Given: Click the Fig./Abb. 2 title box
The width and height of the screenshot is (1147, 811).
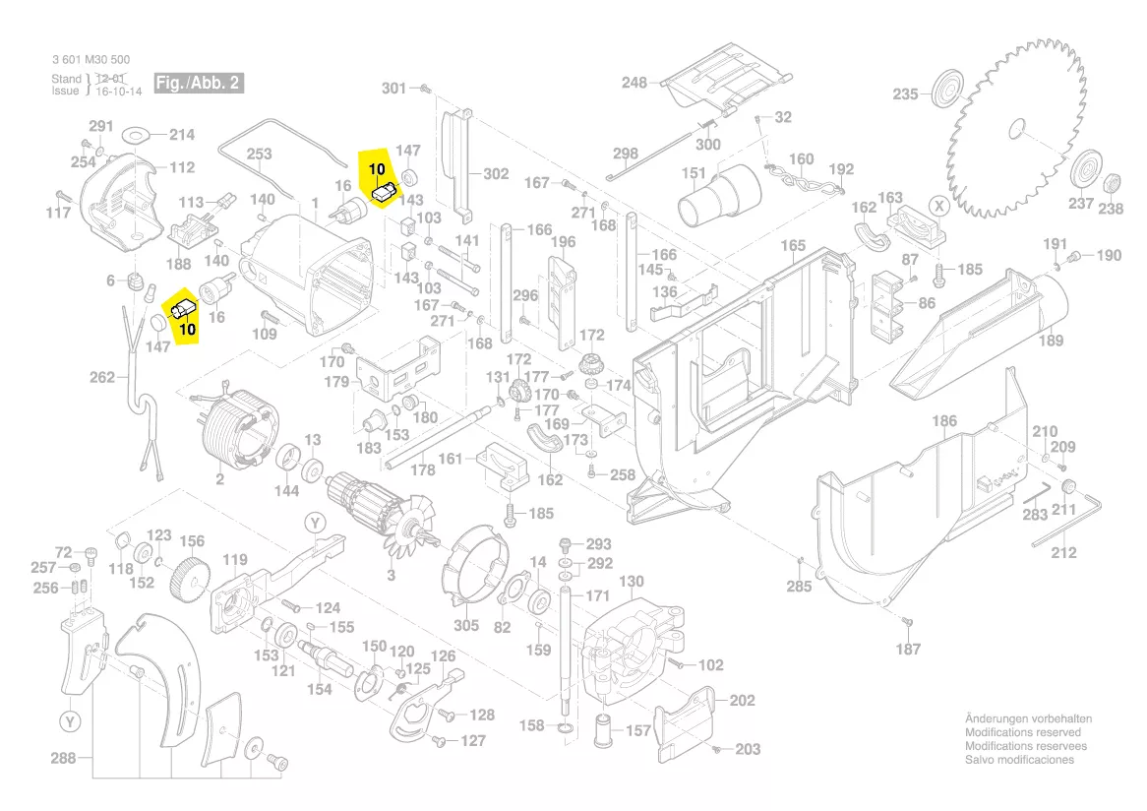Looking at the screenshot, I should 197,83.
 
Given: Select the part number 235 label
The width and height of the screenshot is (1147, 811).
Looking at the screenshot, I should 905,94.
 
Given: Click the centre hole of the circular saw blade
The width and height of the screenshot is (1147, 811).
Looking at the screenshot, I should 1018,128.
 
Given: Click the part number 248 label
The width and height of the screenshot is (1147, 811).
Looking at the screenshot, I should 634,83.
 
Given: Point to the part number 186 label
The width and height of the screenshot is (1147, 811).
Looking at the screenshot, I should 943,421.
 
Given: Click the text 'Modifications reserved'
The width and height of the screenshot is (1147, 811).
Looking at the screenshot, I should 1022,732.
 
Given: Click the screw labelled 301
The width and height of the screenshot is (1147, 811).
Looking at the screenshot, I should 425,89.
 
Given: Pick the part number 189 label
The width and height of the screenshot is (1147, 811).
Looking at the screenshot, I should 1051,341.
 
